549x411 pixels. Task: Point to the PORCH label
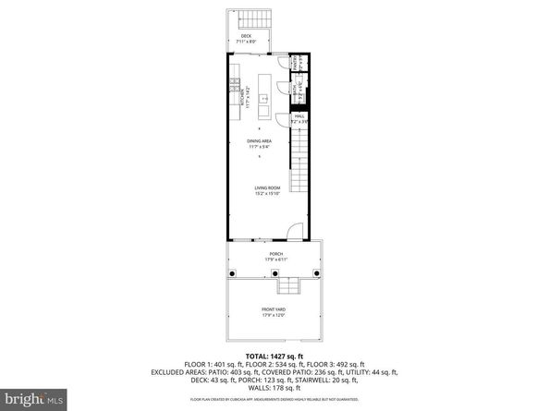click(275, 255)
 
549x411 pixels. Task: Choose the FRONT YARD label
click(275, 311)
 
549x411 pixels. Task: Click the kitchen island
click(263, 95)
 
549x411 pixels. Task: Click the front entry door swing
click(292, 232)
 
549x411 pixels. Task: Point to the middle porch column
click(274, 274)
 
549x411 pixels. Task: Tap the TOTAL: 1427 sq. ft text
click(274, 355)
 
